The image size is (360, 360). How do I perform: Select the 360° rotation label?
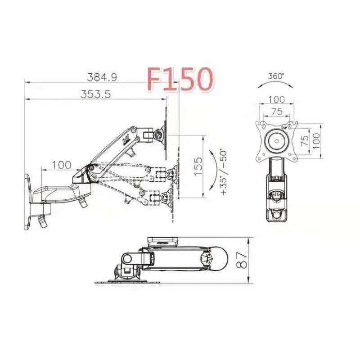pyautogui.click(x=275, y=76)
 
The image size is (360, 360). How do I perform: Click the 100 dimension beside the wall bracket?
pyautogui.click(x=61, y=165)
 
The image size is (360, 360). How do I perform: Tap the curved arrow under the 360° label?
pyautogui.click(x=275, y=85)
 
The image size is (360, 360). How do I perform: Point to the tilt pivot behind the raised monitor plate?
pyautogui.click(x=158, y=134)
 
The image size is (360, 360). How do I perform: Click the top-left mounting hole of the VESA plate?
pyautogui.click(x=260, y=125)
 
